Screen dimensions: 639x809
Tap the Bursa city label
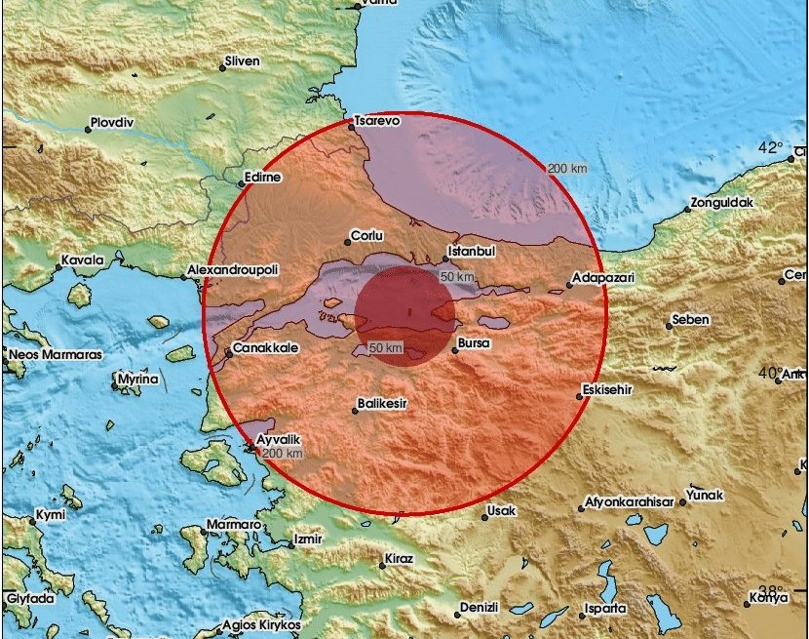pyautogui.click(x=475, y=344)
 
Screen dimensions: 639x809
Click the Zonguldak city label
pyautogui.click(x=721, y=204)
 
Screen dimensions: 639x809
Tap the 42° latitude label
pyautogui.click(x=772, y=148)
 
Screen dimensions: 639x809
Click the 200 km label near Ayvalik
pyautogui.click(x=284, y=454)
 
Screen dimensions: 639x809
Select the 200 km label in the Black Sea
pyautogui.click(x=567, y=168)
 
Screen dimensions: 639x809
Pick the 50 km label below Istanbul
pyautogui.click(x=456, y=277)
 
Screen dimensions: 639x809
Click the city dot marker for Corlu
pyautogui.click(x=348, y=242)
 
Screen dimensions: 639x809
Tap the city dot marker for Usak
pyautogui.click(x=484, y=511)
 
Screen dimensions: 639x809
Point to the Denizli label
pyautogui.click(x=480, y=607)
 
